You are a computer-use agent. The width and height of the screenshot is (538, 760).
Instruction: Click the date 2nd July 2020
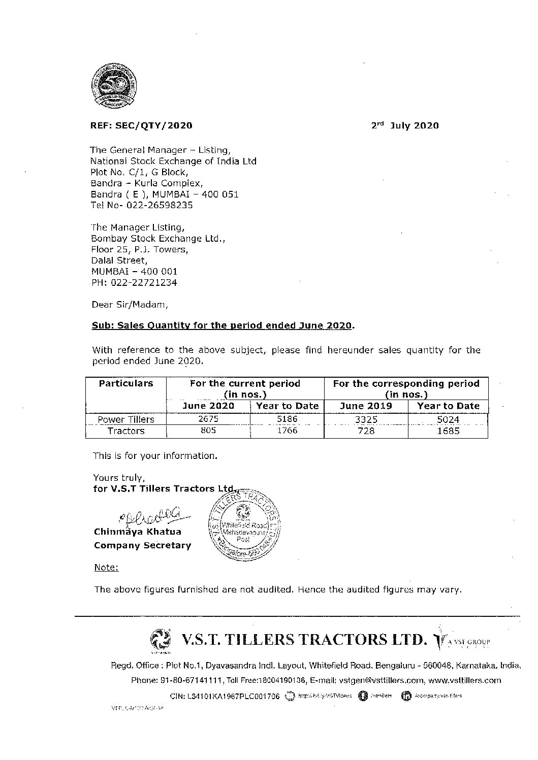(x=404, y=125)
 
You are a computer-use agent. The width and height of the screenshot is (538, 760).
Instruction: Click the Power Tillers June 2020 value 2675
(x=208, y=419)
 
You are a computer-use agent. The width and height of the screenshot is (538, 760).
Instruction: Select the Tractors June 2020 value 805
(x=208, y=431)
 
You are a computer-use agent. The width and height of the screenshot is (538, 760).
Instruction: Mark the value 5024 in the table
(x=448, y=419)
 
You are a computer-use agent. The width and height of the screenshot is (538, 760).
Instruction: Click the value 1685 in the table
(x=448, y=431)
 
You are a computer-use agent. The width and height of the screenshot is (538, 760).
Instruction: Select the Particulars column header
(x=126, y=383)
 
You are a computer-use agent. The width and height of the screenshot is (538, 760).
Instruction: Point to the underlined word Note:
(x=107, y=567)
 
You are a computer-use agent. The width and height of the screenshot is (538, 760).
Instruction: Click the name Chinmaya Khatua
(x=137, y=532)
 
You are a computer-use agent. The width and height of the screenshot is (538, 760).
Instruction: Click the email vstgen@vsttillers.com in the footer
(x=377, y=680)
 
